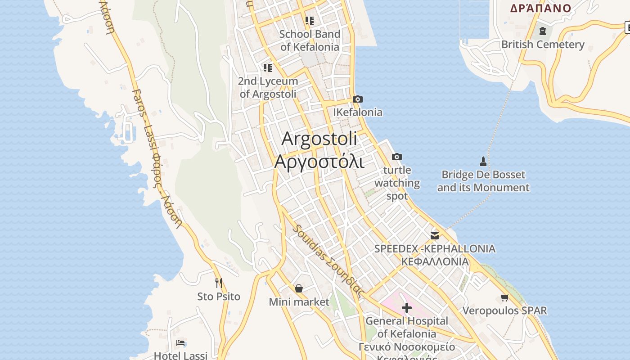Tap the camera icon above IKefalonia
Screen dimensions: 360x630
(x=358, y=99)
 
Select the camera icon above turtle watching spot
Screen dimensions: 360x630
(x=396, y=157)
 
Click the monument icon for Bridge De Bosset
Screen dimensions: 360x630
(x=483, y=161)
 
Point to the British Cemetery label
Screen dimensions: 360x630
(x=543, y=45)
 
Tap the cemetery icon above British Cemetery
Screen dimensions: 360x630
(x=543, y=31)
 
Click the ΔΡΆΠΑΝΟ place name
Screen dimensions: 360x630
(x=540, y=8)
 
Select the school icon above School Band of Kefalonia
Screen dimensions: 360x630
(x=310, y=20)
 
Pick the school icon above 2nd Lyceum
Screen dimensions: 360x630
(x=268, y=68)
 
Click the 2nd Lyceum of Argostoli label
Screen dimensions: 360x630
(x=268, y=87)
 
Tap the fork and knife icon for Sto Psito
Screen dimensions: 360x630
(x=219, y=283)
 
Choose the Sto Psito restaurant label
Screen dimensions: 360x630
(x=219, y=297)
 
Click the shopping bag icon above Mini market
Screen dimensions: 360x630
(x=299, y=288)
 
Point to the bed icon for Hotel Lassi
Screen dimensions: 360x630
(x=180, y=343)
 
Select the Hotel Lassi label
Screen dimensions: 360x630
(x=180, y=355)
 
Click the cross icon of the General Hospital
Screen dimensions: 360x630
(x=407, y=308)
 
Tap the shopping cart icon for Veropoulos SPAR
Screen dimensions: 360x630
(x=504, y=297)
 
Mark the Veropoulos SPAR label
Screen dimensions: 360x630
(x=504, y=310)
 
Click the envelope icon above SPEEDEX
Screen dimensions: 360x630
(x=435, y=235)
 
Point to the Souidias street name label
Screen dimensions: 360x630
(x=328, y=260)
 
